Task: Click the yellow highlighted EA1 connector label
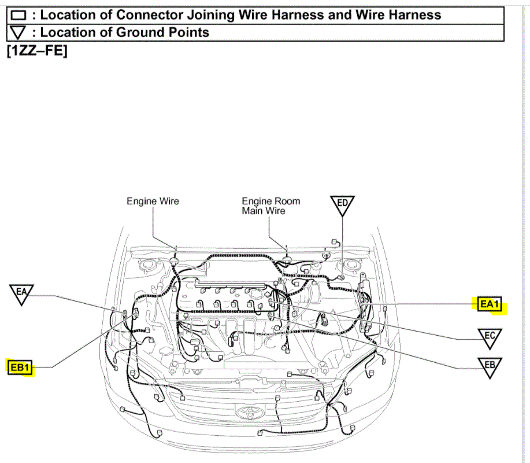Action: (489, 303)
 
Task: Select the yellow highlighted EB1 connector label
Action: (20, 367)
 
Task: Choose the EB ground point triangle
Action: (490, 366)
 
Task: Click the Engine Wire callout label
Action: (153, 201)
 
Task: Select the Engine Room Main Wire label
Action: (271, 206)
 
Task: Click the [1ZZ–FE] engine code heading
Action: (37, 51)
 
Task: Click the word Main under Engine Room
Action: (253, 211)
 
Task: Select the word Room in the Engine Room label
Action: (287, 201)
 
